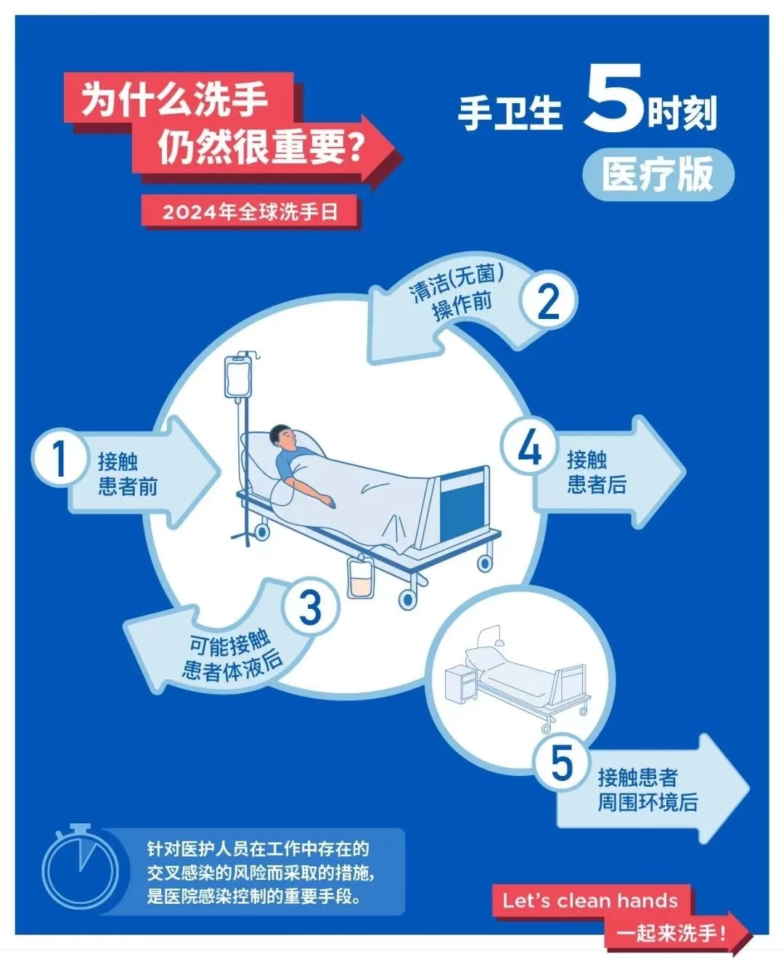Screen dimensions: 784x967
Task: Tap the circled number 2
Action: [548, 301]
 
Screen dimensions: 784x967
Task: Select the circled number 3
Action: [311, 607]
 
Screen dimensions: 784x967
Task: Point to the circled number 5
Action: [562, 763]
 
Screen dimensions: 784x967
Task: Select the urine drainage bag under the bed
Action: [361, 577]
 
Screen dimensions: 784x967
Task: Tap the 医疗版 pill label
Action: [658, 174]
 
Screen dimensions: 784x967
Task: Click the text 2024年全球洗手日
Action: [250, 212]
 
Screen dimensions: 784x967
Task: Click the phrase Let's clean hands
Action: [590, 901]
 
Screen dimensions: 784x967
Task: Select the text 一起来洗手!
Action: [671, 934]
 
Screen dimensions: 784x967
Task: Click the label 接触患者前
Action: [128, 474]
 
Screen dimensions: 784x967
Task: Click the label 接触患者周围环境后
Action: [647, 790]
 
